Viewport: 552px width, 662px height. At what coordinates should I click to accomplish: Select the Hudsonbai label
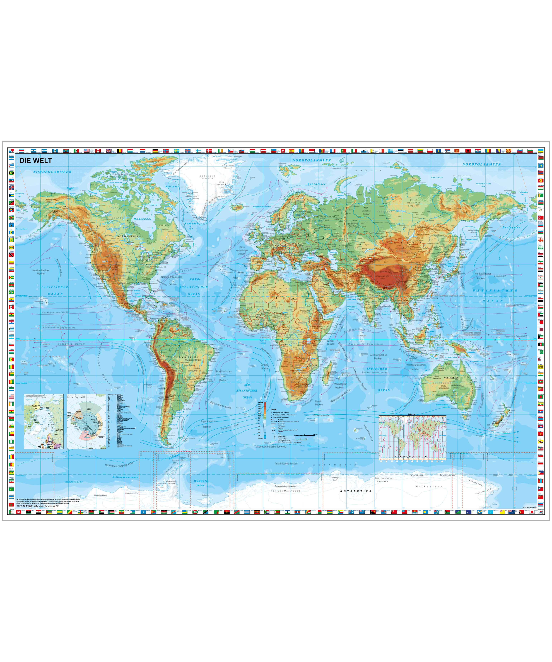[x=142, y=219]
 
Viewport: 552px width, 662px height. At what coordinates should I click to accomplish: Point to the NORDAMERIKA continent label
[x=129, y=236]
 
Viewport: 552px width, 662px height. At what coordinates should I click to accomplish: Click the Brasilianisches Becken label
[x=224, y=375]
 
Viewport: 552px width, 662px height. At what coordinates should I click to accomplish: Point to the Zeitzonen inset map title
[x=412, y=414]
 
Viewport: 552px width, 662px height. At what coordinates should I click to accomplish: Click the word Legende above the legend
[x=273, y=410]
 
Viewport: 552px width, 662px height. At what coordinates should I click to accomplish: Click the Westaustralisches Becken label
[x=416, y=367]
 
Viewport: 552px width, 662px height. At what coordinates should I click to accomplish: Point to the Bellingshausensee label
[x=125, y=477]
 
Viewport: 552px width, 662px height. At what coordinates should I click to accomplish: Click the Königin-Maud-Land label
[x=285, y=491]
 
